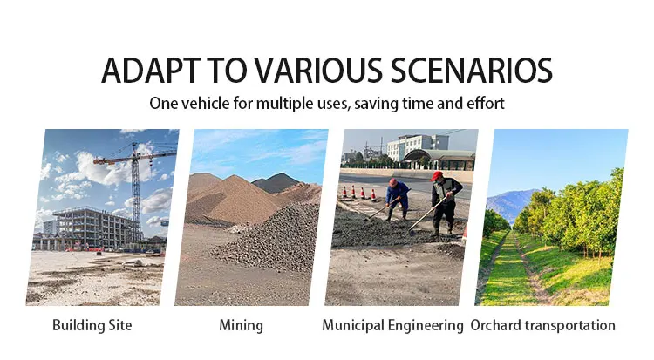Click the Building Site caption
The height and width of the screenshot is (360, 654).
coord(92,325)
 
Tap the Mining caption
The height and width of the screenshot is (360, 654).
coord(241,325)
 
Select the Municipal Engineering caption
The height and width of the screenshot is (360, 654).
coord(392,325)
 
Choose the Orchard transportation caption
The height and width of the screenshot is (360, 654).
coord(542,325)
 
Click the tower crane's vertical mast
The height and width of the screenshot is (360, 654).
coord(136,192)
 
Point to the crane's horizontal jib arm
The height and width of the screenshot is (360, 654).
coord(134,157)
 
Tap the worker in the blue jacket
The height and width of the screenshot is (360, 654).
coord(397,199)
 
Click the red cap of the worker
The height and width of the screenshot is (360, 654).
coord(436,175)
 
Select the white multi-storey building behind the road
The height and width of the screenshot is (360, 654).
coord(417,146)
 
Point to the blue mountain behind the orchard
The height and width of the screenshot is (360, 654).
coord(512,204)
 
